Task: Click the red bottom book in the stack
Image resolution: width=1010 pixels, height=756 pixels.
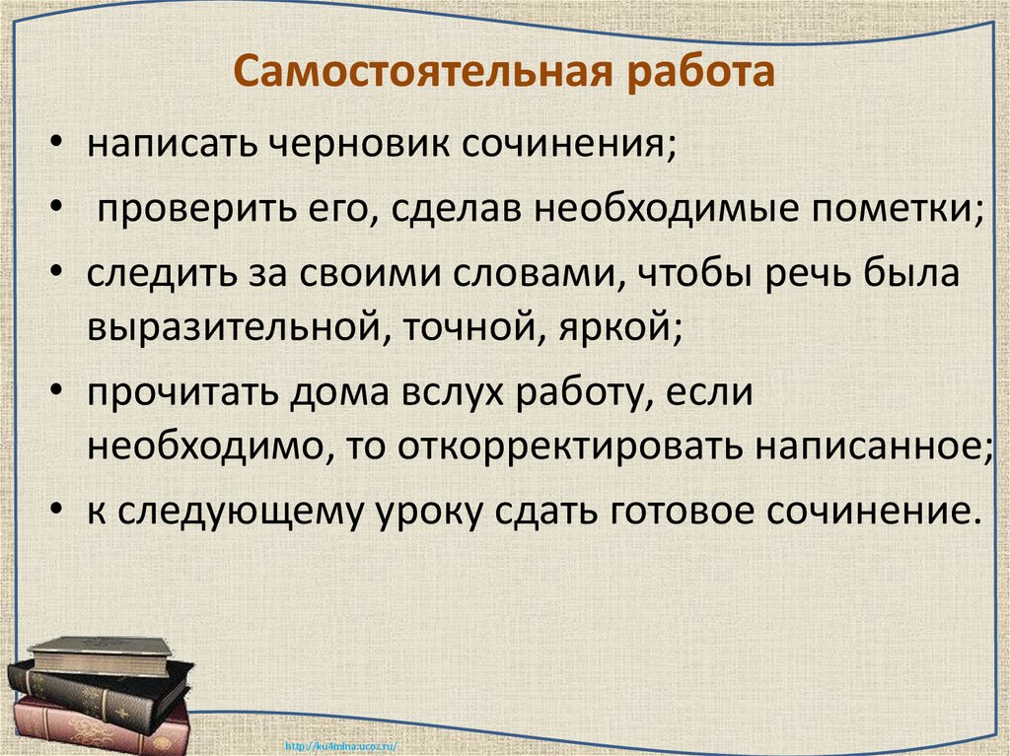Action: pyautogui.click(x=99, y=727)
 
